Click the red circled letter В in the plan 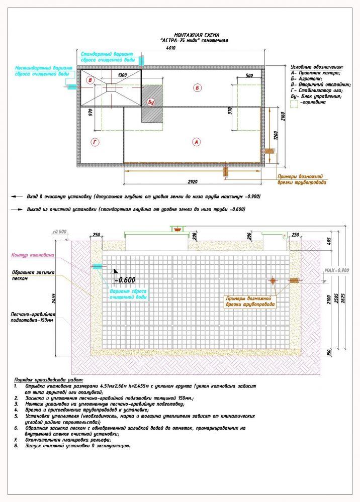tap(90, 80)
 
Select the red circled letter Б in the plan tap(197, 88)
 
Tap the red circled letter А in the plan tap(197, 142)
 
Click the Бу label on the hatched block tap(150, 103)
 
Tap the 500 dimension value tap(249, 75)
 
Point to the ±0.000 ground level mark tap(59, 232)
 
